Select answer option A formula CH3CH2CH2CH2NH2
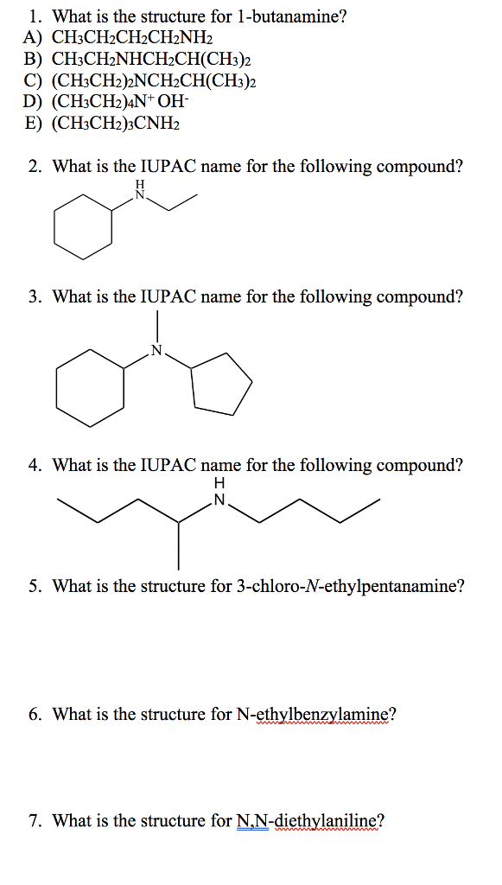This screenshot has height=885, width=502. (131, 38)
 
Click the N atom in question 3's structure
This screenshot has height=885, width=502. (156, 350)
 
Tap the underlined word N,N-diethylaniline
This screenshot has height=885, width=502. (307, 820)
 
